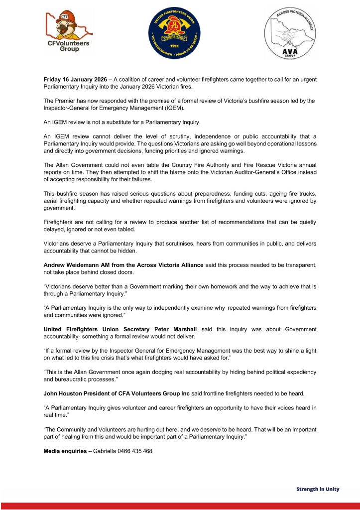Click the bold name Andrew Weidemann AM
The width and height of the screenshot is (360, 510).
click(x=80, y=265)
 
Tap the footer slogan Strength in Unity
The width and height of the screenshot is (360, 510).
click(x=318, y=489)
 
